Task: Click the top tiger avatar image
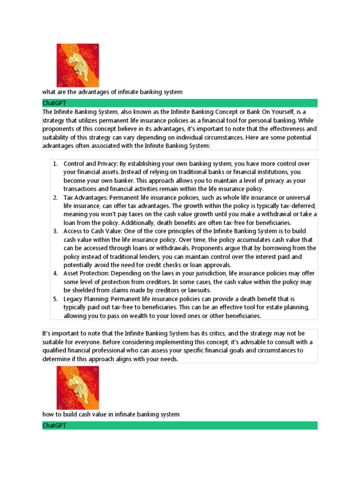[x=77, y=65]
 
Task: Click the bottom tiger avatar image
[x=77, y=388]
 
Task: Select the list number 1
[x=55, y=164]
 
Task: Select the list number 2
[x=55, y=197]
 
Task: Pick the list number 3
[x=55, y=231]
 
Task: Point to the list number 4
[x=55, y=273]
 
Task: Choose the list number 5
[x=55, y=299]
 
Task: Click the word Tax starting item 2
[x=69, y=197]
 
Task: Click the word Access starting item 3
[x=74, y=231]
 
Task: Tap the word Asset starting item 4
[x=72, y=273]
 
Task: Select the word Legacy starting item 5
[x=74, y=299]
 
